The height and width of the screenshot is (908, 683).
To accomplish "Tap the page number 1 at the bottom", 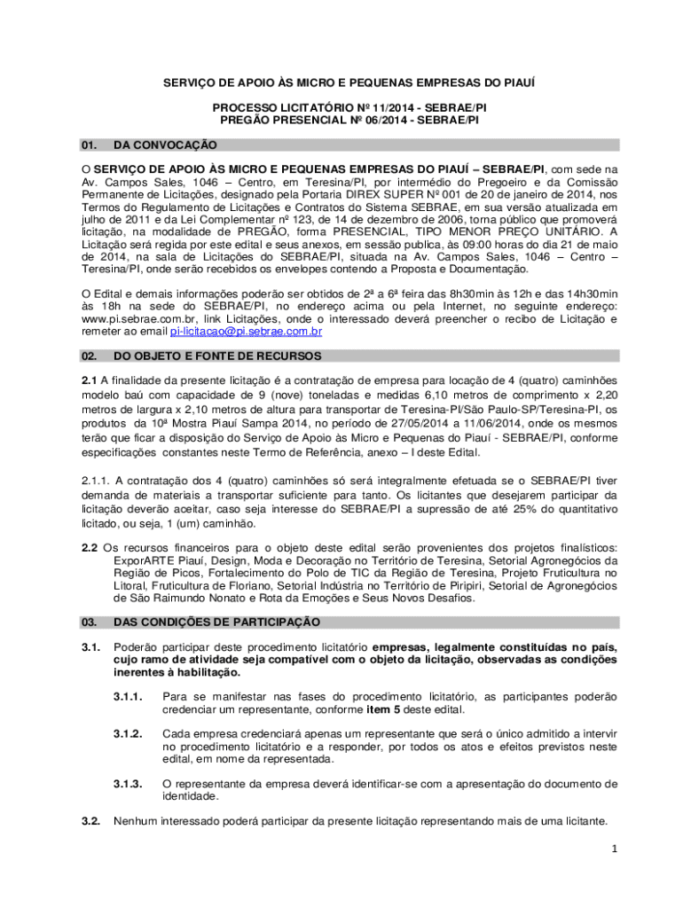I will pyautogui.click(x=612, y=849).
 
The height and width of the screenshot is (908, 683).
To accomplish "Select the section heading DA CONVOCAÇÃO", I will pyautogui.click(x=166, y=145).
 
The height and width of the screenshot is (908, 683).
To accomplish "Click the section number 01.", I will pyautogui.click(x=88, y=145).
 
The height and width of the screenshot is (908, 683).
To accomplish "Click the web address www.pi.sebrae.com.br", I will pyautogui.click(x=133, y=318).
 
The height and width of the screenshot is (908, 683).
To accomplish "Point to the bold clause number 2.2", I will pyautogui.click(x=90, y=547).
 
